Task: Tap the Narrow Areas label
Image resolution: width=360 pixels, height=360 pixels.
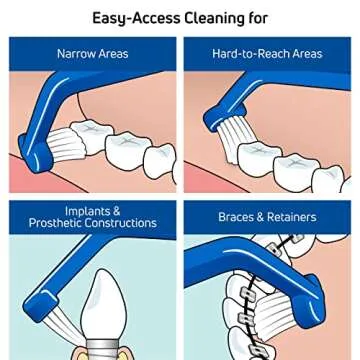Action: pos(93,53)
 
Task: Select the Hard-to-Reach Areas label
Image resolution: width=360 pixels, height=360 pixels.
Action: pos(268,53)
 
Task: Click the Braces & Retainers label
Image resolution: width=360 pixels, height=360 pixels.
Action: pos(268,216)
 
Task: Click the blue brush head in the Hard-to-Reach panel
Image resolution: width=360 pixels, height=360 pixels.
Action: pos(215,105)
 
